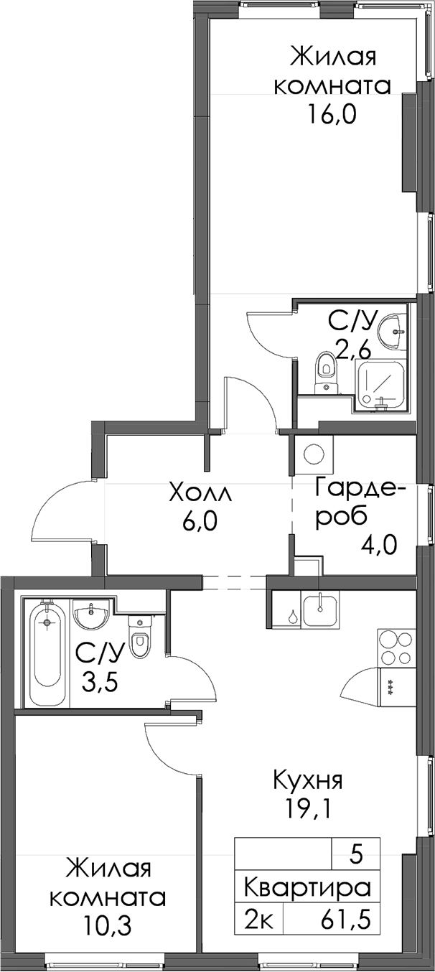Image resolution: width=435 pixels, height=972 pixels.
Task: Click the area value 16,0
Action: [332, 115]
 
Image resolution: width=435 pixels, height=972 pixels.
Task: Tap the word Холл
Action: [201, 493]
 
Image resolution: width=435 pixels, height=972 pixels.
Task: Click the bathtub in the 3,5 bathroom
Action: [47, 653]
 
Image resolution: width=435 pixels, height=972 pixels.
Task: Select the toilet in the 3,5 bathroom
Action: [139, 637]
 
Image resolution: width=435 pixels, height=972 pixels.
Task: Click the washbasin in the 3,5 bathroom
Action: [90, 614]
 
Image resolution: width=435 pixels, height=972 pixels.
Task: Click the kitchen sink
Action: [320, 610]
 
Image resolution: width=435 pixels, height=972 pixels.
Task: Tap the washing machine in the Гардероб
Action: [314, 454]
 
